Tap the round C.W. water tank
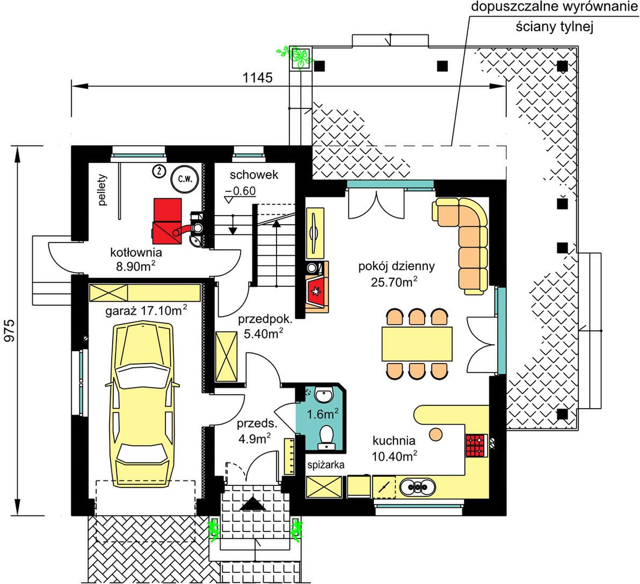[x=185, y=179]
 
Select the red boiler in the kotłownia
[x=168, y=220]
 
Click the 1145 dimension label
[x=258, y=77]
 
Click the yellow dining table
[x=417, y=344]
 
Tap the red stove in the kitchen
[x=476, y=445]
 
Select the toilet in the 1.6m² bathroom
[x=326, y=435]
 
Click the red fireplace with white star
[x=316, y=290]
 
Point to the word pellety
[x=102, y=190]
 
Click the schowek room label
[x=254, y=175]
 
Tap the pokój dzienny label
[x=396, y=267]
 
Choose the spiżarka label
[x=326, y=464]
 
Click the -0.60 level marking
[x=241, y=191]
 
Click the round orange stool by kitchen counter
[x=435, y=434]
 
